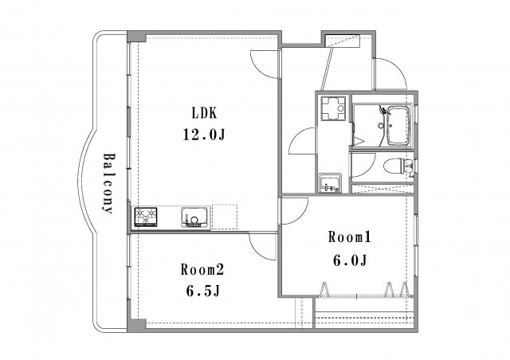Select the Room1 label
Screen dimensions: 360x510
tap(350, 237)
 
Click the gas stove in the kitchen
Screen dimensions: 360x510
tap(146, 216)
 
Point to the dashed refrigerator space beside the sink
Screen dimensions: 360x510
tap(225, 216)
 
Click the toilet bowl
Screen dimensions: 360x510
tap(396, 166)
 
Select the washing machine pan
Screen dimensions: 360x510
tap(331, 109)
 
